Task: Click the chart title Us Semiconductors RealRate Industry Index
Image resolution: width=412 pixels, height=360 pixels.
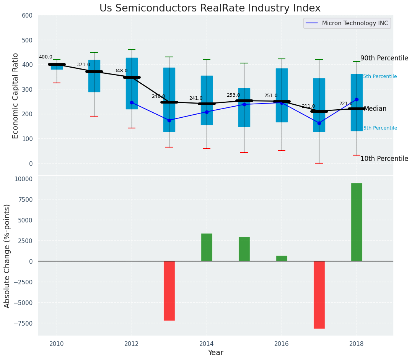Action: (210, 8)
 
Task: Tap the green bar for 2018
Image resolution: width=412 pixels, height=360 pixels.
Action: (357, 222)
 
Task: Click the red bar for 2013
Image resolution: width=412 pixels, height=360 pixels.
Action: (169, 290)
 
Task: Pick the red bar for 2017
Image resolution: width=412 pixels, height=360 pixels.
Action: (319, 295)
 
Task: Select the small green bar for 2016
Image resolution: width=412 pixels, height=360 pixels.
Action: (282, 258)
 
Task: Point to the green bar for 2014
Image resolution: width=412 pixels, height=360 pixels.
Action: (207, 247)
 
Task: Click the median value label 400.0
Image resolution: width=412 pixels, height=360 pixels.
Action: (46, 57)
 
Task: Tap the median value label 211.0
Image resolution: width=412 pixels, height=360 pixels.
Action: (308, 107)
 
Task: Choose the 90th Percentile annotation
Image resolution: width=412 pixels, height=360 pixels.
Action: (384, 58)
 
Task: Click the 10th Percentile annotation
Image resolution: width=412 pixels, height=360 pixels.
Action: (384, 159)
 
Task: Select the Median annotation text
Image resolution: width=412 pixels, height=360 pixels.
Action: (375, 109)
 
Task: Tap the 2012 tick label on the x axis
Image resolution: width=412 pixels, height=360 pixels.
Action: (132, 344)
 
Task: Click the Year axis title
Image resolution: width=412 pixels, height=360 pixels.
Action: (215, 353)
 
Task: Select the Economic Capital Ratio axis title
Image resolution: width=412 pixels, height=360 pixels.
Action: (16, 96)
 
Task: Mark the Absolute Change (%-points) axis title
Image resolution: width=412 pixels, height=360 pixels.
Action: (7, 256)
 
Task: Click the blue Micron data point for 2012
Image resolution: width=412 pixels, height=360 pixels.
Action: (132, 102)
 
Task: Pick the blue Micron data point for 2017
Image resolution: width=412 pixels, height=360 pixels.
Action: (319, 123)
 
